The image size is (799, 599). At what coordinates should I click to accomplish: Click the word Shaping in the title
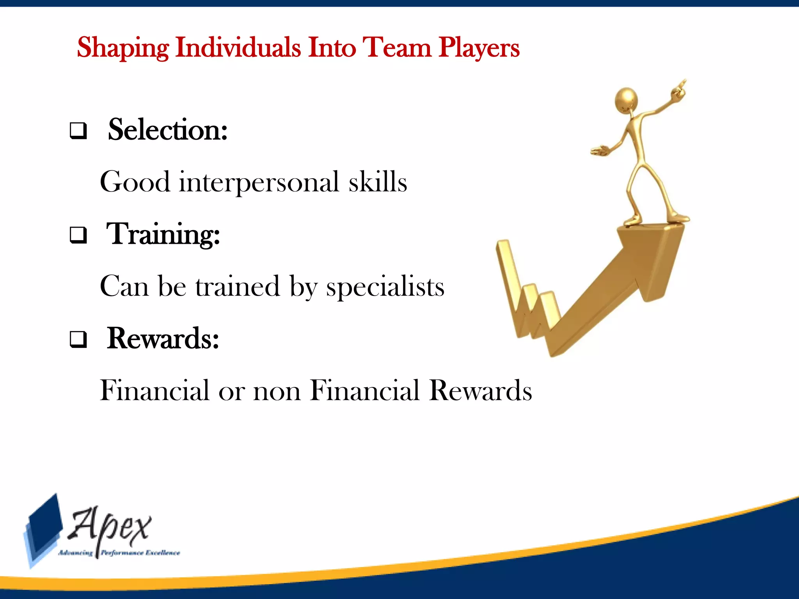[123, 48]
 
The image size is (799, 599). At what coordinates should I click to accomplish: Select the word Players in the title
[479, 48]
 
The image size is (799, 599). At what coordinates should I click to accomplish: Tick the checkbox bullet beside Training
[78, 235]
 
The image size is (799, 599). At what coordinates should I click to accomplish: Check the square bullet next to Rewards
[78, 339]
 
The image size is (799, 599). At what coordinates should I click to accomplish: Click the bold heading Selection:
[168, 129]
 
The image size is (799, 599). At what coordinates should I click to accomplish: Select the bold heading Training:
[163, 234]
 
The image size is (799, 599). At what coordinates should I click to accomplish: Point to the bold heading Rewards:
[163, 338]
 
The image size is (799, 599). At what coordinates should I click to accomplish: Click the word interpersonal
[259, 182]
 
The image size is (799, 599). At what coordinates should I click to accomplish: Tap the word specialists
[385, 287]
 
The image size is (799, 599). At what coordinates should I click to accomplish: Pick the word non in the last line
[277, 390]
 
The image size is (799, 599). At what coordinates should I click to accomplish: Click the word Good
[135, 182]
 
